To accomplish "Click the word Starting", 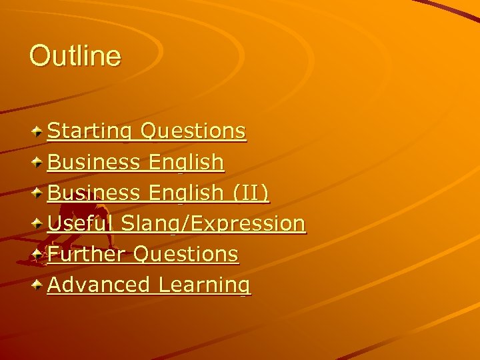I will pos(90,131).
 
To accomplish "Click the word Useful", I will pos(81,223).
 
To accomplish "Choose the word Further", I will pos(87,254).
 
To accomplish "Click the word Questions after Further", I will pos(186,254).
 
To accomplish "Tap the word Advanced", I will pos(99,285).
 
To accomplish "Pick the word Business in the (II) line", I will pos(94,193).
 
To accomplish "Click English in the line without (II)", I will pos(187,161).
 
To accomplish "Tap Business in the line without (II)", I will pos(94,161).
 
